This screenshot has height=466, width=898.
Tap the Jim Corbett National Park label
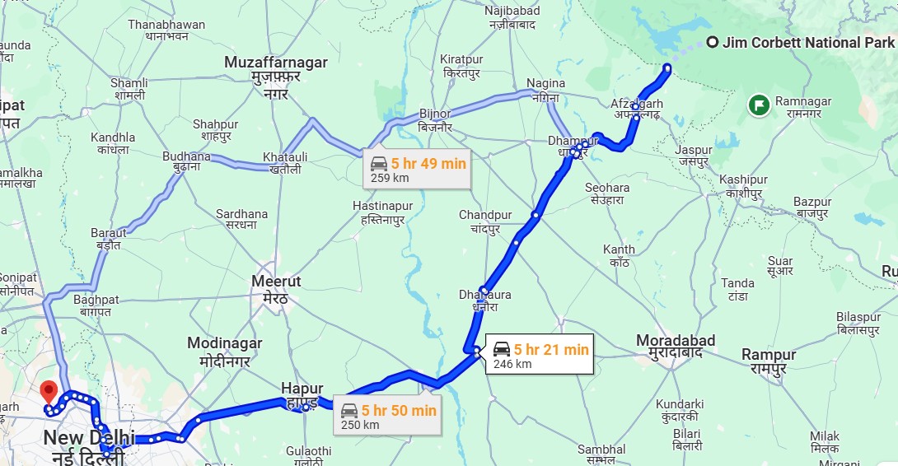click(808, 43)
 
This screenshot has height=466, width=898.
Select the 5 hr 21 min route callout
click(540, 356)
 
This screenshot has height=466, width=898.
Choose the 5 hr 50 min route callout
click(388, 417)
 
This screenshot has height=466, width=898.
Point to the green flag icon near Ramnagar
click(758, 105)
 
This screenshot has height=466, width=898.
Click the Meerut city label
click(276, 289)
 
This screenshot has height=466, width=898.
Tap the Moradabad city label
click(676, 347)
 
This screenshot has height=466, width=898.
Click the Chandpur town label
click(485, 221)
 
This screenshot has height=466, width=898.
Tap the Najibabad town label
click(512, 18)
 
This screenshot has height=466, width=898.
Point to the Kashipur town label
click(743, 186)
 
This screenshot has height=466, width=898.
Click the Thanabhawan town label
click(166, 30)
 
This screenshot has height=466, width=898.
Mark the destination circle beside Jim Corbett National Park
click(712, 43)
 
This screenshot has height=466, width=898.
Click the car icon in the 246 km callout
click(501, 349)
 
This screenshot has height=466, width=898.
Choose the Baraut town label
click(109, 239)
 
